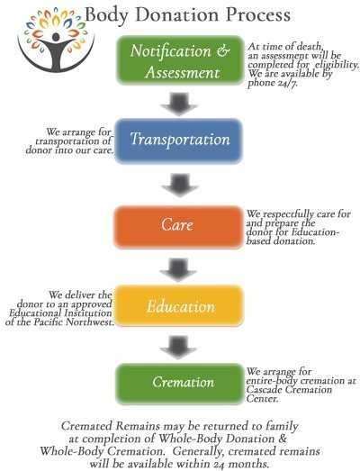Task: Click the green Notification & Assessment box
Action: click(179, 60)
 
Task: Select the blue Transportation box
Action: click(178, 140)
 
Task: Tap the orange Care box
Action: click(178, 227)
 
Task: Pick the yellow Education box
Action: click(178, 306)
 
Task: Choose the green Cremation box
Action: click(179, 384)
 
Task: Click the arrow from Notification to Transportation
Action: click(179, 104)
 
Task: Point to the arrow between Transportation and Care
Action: click(179, 185)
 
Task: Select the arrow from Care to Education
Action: click(178, 270)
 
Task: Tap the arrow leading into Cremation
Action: click(178, 348)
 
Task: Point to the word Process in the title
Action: click(258, 14)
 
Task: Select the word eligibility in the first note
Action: click(337, 65)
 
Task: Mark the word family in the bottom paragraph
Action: click(282, 427)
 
